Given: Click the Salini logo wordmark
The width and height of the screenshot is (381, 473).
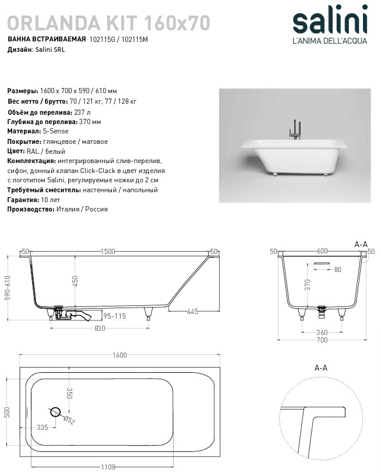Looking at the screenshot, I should click(x=330, y=22).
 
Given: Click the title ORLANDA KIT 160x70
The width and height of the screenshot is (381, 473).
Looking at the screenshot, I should click(x=108, y=22).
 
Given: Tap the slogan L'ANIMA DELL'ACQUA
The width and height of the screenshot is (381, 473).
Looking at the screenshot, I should click(x=329, y=41).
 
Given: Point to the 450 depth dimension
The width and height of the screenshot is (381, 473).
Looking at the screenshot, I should click(x=75, y=281).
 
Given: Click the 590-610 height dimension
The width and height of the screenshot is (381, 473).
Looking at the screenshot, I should click(x=8, y=288).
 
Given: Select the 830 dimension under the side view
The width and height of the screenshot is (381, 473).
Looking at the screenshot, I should click(x=100, y=329).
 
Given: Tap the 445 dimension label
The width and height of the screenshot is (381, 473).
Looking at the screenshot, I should click(x=192, y=312).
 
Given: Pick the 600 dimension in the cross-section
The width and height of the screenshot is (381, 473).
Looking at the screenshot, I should click(x=322, y=251).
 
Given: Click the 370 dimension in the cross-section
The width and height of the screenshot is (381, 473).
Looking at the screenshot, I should click(x=308, y=284).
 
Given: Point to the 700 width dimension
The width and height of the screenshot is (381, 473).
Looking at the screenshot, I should click(x=322, y=340).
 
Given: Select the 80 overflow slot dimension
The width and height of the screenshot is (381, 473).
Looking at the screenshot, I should click(x=337, y=270).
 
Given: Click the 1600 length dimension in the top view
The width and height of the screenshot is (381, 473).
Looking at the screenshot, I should click(x=119, y=356).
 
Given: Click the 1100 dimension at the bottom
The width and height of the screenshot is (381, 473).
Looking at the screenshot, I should click(x=107, y=467).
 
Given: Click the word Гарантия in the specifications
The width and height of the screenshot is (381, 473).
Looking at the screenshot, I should click(x=23, y=199).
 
